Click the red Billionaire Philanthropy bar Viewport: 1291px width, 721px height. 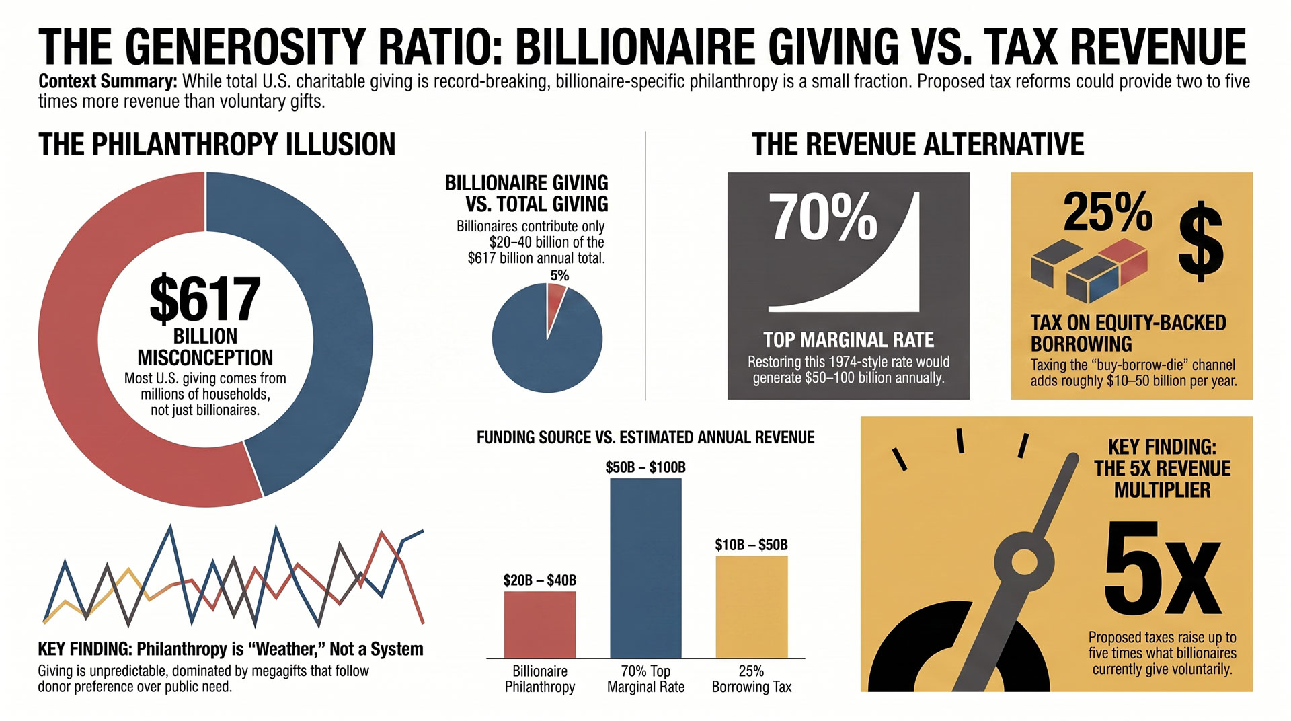pyautogui.click(x=540, y=624)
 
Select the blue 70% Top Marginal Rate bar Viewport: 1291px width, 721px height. pyautogui.click(x=645, y=568)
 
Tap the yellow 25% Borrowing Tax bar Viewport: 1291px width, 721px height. pyautogui.click(x=752, y=607)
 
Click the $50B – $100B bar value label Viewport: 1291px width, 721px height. pyautogui.click(x=645, y=467)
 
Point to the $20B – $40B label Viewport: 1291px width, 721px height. pyautogui.click(x=540, y=580)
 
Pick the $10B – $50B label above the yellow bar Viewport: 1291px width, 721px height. pyautogui.click(x=752, y=545)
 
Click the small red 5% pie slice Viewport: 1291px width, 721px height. pyautogui.click(x=555, y=299)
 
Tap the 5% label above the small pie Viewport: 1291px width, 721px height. pyautogui.click(x=559, y=276)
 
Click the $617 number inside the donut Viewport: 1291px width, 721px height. pyautogui.click(x=205, y=299)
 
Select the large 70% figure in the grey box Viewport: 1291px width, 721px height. pyautogui.click(x=823, y=217)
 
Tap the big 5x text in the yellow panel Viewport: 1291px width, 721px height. pyautogui.click(x=1162, y=568)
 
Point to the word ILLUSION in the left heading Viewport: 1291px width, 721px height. pyautogui.click(x=341, y=145)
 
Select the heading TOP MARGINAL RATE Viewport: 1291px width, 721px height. pyautogui.click(x=849, y=340)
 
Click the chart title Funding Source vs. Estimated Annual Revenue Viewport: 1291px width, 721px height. pyautogui.click(x=645, y=438)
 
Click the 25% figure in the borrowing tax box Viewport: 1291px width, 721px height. pyautogui.click(x=1108, y=212)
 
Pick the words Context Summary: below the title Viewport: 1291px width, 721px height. pyautogui.click(x=108, y=81)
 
